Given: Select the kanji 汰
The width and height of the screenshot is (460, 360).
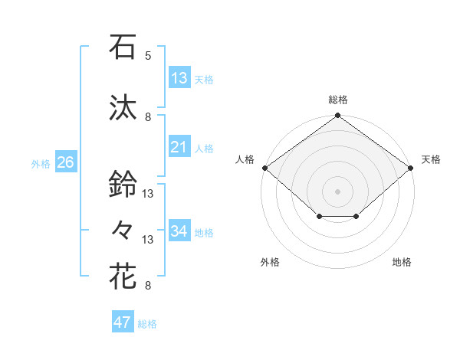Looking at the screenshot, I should (123, 107).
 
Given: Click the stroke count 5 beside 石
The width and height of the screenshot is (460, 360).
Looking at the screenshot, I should (148, 56).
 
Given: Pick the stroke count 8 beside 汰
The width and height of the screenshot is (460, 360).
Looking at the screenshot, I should (148, 117).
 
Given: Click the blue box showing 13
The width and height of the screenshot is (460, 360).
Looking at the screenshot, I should (179, 78).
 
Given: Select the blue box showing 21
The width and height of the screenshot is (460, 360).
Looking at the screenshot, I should (179, 147).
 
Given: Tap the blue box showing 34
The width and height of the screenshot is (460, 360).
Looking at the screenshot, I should (179, 231).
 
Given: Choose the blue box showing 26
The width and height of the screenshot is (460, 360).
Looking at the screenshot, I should (65, 162).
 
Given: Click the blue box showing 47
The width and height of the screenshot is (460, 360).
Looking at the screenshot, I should (123, 322).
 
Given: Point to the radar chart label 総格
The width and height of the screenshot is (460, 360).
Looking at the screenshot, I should (338, 100).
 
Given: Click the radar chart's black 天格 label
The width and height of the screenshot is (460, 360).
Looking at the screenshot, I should (431, 159).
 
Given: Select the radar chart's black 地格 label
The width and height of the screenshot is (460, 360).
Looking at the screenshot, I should (402, 262).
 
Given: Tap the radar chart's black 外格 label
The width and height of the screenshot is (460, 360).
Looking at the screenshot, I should (270, 262).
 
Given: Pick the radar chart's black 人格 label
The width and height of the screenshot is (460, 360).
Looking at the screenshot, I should (245, 159).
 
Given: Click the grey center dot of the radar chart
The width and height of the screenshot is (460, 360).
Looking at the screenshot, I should (337, 191).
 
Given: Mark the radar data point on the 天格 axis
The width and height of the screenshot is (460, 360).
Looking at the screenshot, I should (412, 167).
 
